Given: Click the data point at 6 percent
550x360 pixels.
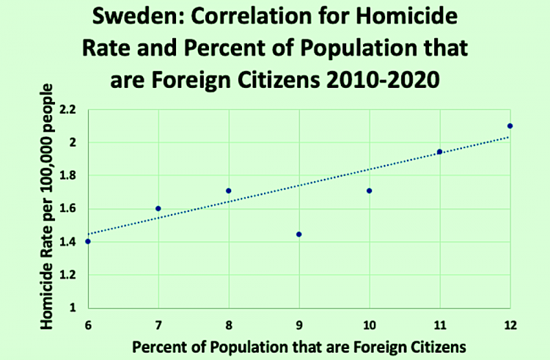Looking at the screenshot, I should pyautogui.click(x=88, y=241).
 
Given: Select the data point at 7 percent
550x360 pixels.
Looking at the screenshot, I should pyautogui.click(x=158, y=208).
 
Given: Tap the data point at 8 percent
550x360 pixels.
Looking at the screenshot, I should pyautogui.click(x=228, y=191).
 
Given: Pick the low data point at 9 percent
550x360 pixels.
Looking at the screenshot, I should pyautogui.click(x=298, y=234).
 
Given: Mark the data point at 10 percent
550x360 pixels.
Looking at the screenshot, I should pyautogui.click(x=369, y=191).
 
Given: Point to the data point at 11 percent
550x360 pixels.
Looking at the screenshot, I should pyautogui.click(x=439, y=152).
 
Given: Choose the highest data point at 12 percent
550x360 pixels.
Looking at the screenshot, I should pyautogui.click(x=510, y=125).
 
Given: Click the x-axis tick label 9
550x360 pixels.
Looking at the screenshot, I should pyautogui.click(x=299, y=325).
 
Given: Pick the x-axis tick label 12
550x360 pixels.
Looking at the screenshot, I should pyautogui.click(x=509, y=325).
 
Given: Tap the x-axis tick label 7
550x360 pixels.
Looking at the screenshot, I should pyautogui.click(x=158, y=325).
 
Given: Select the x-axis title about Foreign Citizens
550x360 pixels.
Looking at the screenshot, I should pyautogui.click(x=298, y=346).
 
